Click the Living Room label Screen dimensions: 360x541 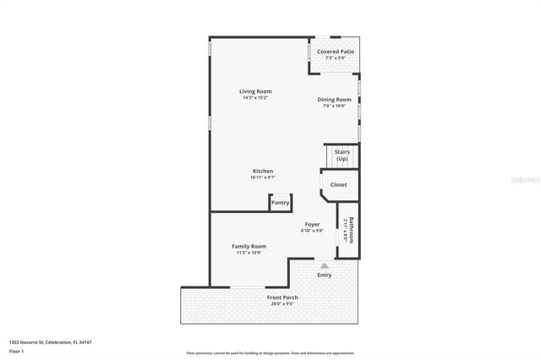click(254, 91)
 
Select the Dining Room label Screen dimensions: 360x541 click(334, 100)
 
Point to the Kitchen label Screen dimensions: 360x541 click(262, 171)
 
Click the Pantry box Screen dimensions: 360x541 click(280, 203)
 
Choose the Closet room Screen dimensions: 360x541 click(338, 184)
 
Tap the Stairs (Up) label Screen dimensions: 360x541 click(342, 155)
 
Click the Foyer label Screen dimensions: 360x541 click(312, 224)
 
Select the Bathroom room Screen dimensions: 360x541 click(348, 230)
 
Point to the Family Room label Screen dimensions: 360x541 click(249, 246)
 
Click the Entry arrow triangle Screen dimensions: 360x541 click(324, 265)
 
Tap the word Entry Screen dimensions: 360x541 click(324, 275)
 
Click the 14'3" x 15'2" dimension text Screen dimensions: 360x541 click(254, 98)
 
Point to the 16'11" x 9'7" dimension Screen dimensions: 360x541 click(262, 177)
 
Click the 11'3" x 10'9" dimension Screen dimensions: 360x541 click(249, 253)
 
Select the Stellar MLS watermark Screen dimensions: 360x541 click(522, 180)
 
